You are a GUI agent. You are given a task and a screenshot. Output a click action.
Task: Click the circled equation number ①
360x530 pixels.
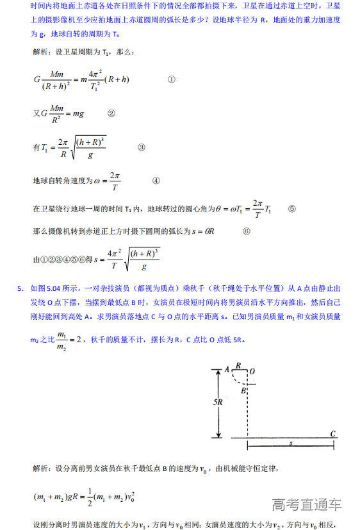coord(171,80)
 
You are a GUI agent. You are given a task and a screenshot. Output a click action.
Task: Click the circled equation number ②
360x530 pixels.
coord(111,113)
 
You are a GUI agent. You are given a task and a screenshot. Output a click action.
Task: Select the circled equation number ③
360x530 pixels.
coord(142,147)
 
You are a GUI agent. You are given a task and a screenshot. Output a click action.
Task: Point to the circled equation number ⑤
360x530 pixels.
coord(292,208)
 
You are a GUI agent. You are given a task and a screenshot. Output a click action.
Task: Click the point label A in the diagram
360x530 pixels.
coord(227,369)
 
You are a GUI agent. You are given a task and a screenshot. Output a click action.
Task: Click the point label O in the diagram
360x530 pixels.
coord(252,370)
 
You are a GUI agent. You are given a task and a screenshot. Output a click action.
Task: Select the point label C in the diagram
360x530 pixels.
coord(333,433)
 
